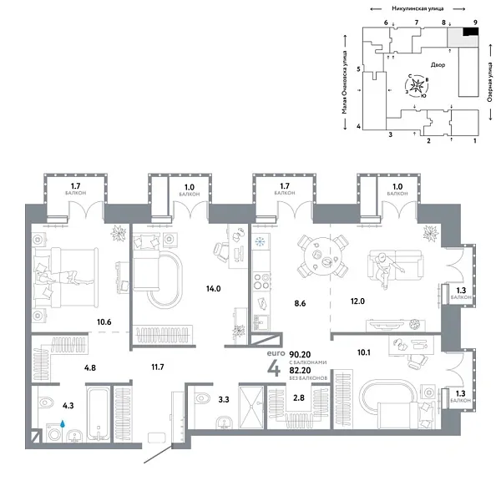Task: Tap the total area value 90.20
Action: point(299,354)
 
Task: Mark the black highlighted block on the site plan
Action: point(471,32)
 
